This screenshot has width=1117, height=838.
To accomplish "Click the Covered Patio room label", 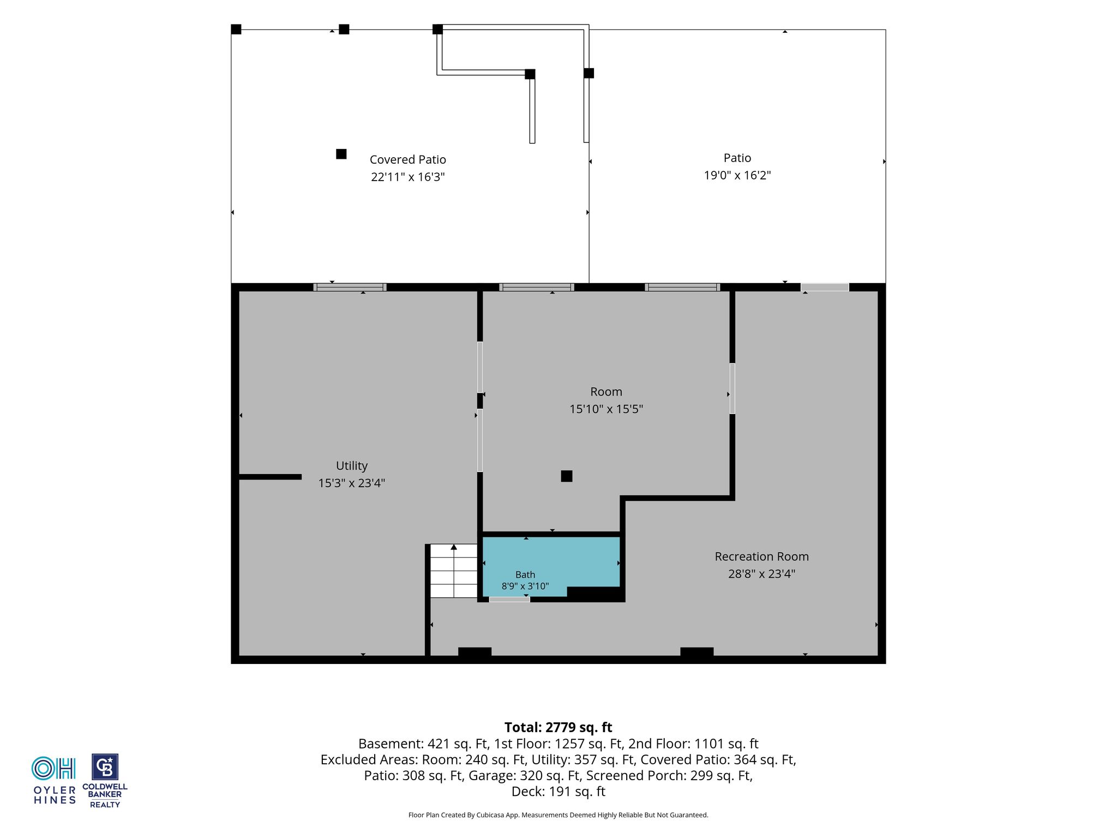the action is pos(408,159).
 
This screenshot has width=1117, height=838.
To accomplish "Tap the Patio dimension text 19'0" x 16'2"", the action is pos(737,175).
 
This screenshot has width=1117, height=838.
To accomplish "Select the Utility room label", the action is pos(352,466).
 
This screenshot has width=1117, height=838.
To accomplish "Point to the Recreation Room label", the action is pos(762,556).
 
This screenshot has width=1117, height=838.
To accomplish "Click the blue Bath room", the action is pos(551,562).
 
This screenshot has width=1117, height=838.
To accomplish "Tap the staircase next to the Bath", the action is pos(454,571).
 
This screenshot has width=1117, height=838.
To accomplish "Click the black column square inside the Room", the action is pos(567,476).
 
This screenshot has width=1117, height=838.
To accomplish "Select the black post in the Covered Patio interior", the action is pos(341,154).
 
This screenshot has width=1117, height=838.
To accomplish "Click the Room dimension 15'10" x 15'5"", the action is pos(606,409).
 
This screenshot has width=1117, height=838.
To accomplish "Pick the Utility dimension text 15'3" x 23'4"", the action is pos(352,483).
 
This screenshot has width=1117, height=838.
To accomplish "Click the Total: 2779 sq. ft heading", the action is pos(558,727).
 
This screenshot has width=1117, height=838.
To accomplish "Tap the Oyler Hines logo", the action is pos(54,780).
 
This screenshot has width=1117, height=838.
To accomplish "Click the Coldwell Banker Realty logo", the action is pos(105,781).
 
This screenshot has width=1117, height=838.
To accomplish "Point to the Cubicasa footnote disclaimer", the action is pos(558,815).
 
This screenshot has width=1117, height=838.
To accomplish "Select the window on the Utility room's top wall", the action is pos(350,287).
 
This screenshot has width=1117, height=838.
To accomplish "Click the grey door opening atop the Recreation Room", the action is pos(825,287).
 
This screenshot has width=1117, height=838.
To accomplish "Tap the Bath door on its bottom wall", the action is pos(509,600).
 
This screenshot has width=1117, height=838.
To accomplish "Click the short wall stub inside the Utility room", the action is pos(271,477).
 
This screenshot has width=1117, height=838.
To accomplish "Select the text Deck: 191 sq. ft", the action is pos(558,792).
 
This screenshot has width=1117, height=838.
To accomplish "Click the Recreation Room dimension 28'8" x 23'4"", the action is pos(762,574).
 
